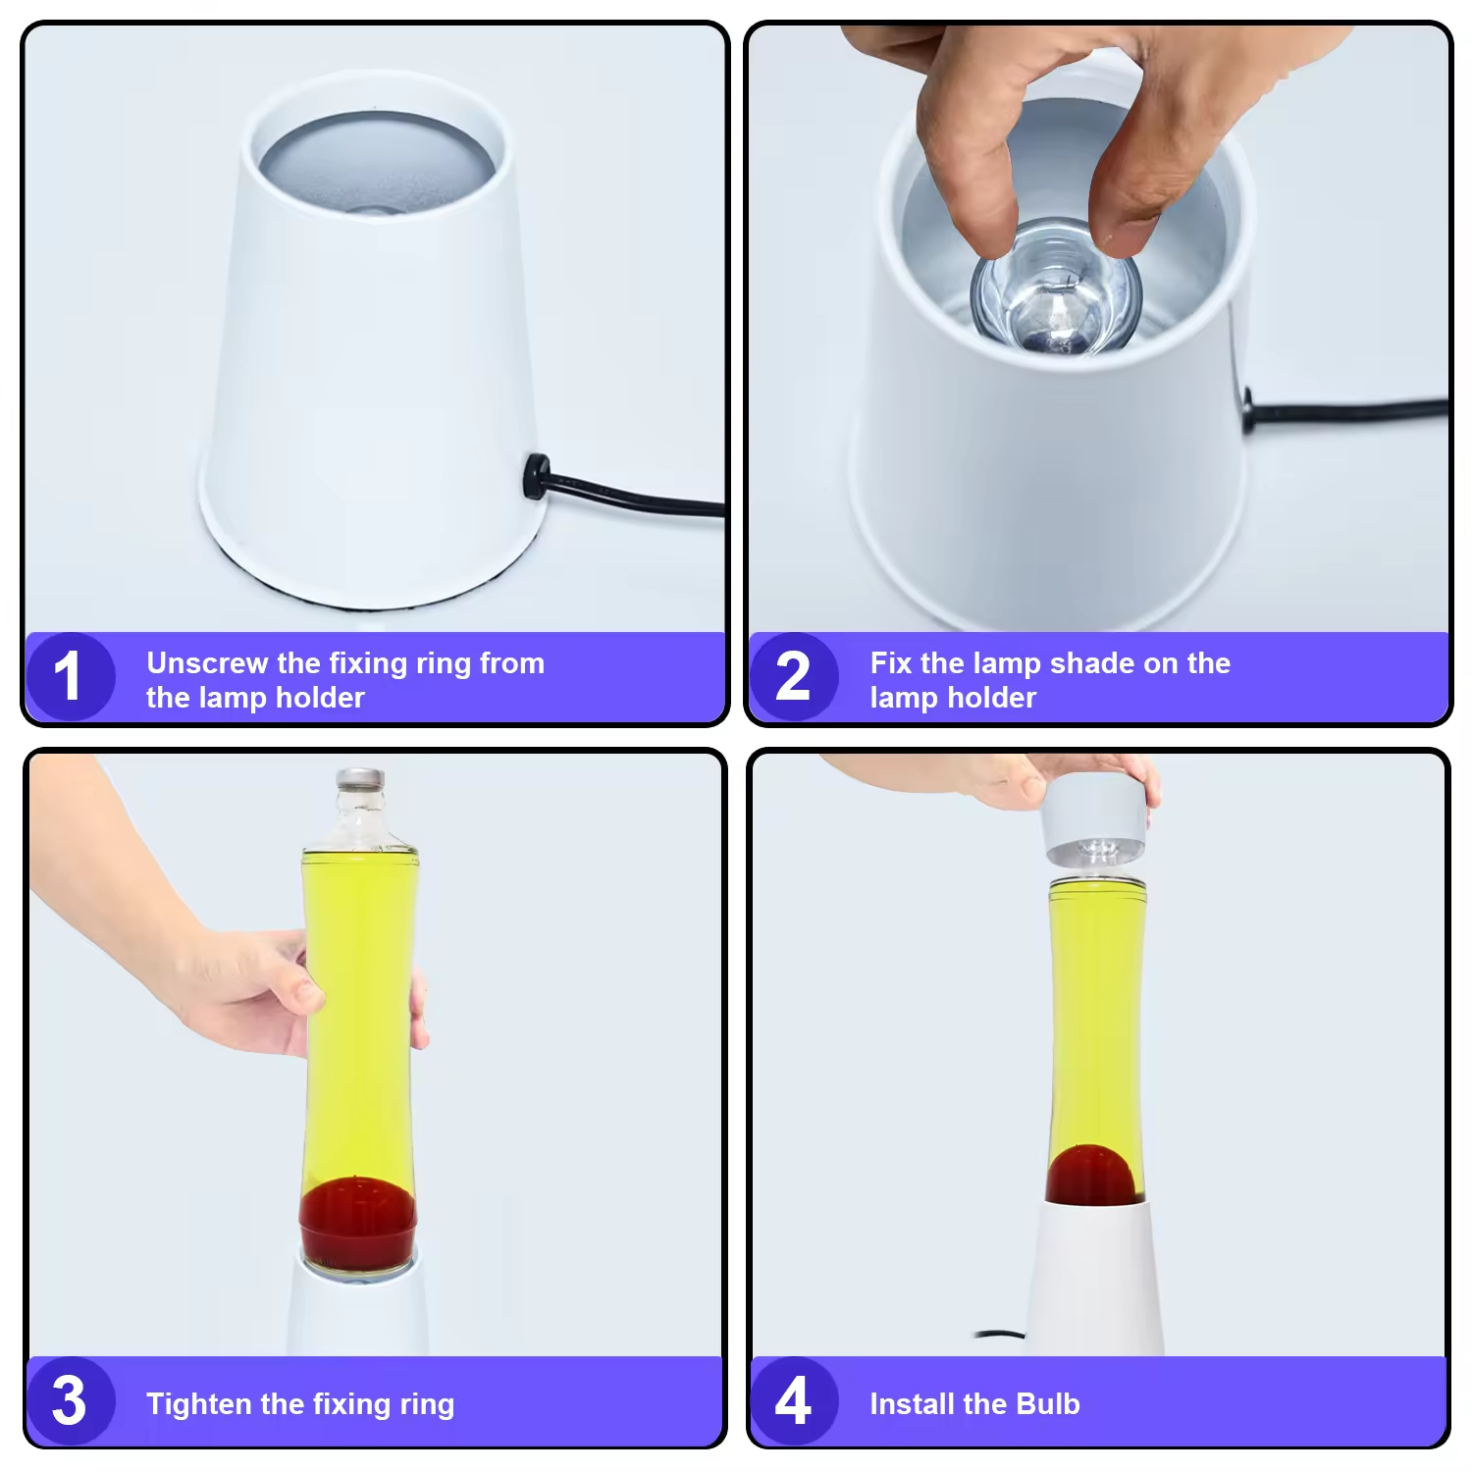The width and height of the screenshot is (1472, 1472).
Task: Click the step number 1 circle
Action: tap(69, 677)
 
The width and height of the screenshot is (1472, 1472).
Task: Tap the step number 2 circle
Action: tap(793, 677)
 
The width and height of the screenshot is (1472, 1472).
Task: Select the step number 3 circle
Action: tap(69, 1400)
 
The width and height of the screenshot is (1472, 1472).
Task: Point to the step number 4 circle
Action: tap(793, 1400)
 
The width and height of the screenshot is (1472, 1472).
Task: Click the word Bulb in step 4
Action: tap(1048, 1404)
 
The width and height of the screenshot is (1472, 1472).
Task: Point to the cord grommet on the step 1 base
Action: tap(534, 476)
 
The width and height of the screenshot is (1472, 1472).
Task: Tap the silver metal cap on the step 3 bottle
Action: tap(360, 779)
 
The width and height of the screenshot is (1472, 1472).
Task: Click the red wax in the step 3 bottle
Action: tap(357, 1222)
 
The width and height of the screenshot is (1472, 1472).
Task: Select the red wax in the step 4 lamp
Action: tap(1091, 1176)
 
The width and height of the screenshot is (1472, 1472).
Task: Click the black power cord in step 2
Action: tap(1354, 409)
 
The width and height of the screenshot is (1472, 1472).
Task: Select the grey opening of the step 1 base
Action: tap(377, 162)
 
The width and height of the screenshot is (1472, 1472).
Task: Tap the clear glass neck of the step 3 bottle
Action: tap(360, 819)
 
